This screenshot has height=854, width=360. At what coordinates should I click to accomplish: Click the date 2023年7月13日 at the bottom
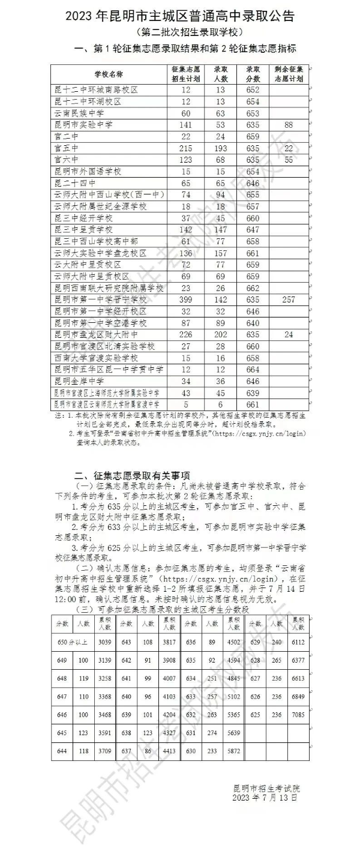(x=264, y=798)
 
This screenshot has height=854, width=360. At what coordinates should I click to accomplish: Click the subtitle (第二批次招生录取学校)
(x=180, y=32)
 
